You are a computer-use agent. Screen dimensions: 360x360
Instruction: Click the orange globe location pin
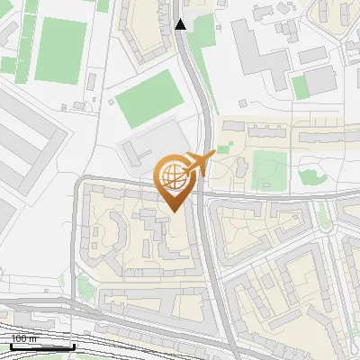[x=175, y=179]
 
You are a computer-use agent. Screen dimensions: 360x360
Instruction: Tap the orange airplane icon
[x=202, y=163]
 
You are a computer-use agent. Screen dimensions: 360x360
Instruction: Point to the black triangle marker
[x=181, y=24]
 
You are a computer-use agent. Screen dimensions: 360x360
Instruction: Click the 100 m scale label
[x=24, y=339]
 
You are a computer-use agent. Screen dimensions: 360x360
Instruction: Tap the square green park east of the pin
[x=269, y=168]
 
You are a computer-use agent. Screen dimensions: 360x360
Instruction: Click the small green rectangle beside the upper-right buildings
[x=300, y=86]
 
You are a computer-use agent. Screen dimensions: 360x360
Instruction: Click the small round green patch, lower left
[x=86, y=288]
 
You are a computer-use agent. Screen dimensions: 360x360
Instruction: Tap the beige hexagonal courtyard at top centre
[x=148, y=27]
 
